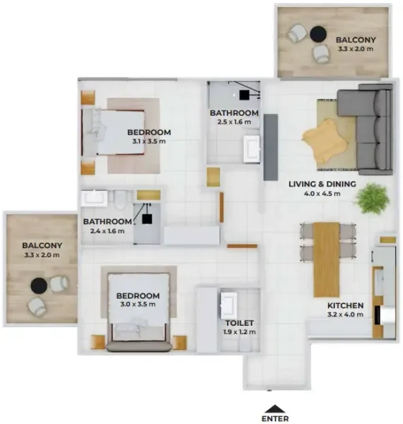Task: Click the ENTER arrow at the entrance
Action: point(275,408)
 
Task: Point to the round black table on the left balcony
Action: point(40,285)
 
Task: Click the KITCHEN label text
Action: point(345,306)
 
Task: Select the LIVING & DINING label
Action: point(322,186)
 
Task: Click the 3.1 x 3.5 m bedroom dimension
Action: point(148,141)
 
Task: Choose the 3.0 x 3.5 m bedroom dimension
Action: point(138,305)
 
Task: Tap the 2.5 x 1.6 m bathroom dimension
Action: point(234,122)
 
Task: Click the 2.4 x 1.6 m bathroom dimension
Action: point(107,230)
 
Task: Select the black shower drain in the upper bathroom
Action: point(244,93)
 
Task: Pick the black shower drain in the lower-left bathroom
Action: point(148,219)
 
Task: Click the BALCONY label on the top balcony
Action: point(356,40)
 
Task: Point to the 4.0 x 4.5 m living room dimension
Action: point(322,195)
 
